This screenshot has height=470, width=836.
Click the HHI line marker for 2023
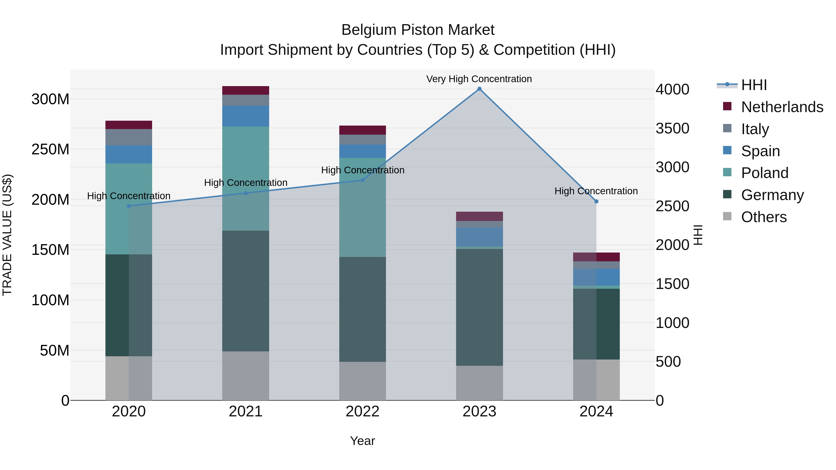[x=479, y=89]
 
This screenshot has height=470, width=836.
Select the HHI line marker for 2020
[x=129, y=206]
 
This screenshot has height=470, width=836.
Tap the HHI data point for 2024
[x=596, y=201]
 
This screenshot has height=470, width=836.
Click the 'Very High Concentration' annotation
[x=479, y=79]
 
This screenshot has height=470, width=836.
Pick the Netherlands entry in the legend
[x=782, y=107]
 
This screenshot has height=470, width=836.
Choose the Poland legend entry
[x=765, y=173]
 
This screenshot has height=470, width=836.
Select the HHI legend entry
[x=754, y=85]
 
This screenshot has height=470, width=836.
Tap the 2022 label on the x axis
[x=362, y=412]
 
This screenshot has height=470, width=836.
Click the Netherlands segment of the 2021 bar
[x=246, y=91]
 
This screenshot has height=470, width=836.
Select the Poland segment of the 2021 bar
[x=246, y=178]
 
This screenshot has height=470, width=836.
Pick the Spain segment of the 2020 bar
[x=129, y=154]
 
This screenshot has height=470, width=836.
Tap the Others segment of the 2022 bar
[x=362, y=381]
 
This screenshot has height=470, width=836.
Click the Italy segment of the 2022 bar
[x=362, y=139]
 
